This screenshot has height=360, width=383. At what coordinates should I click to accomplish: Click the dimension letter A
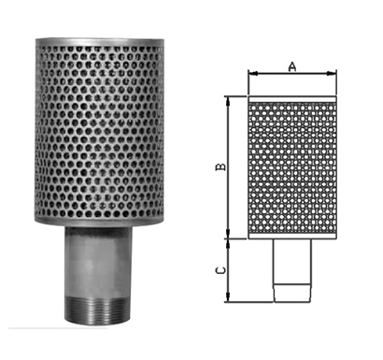(x=292, y=66)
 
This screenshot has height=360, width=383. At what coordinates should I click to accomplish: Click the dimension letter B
(x=220, y=166)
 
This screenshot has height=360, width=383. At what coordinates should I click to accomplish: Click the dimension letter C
(x=220, y=270)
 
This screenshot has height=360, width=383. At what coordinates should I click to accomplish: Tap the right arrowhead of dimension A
(x=332, y=74)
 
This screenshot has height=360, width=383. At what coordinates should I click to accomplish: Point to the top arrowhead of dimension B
(x=229, y=101)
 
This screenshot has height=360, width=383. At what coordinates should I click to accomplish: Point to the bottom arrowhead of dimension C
(x=229, y=297)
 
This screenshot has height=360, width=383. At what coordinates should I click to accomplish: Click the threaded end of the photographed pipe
(x=98, y=310)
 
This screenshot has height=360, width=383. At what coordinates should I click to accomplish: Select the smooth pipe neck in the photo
(x=98, y=262)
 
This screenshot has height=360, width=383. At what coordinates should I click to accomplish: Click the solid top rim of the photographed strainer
(x=100, y=42)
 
